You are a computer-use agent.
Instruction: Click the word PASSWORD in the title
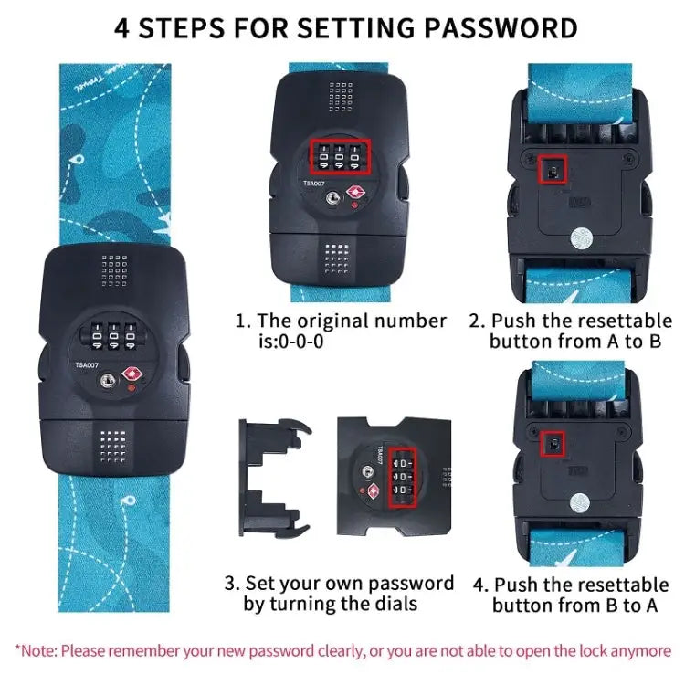pos(501,28)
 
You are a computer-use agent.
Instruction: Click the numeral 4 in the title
pos(121,29)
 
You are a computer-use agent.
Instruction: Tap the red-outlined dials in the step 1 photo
pos(341,156)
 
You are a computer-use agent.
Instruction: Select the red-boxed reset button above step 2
pos(553,170)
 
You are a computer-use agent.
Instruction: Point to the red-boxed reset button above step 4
pos(553,444)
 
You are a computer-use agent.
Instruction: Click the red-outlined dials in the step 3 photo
pos(403,478)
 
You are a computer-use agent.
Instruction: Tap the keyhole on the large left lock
pos(107,380)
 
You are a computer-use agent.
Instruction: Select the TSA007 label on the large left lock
pos(87,364)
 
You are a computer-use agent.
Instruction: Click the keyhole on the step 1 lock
pos(332,198)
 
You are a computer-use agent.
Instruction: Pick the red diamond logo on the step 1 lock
pos(356,192)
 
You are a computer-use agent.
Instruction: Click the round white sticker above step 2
pos(582,238)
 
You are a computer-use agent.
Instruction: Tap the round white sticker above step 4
pos(580,503)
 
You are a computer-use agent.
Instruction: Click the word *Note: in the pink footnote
pos(36,651)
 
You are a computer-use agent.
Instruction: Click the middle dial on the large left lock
pos(113,337)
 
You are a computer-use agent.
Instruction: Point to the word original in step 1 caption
pos(332,321)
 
